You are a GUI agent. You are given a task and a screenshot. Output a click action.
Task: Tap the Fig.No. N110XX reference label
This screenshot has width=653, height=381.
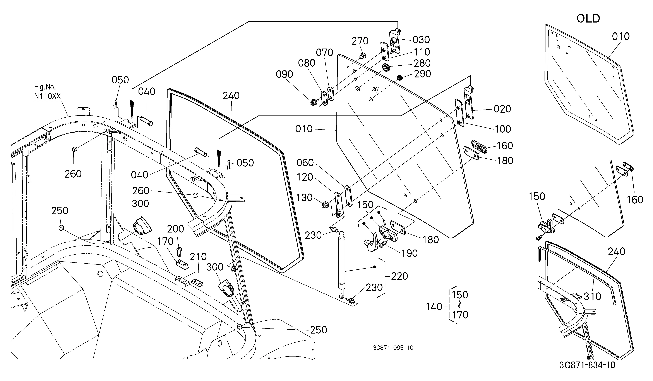point(47,91)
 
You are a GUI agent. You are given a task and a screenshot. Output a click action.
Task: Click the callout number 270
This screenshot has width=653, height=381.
point(360,41)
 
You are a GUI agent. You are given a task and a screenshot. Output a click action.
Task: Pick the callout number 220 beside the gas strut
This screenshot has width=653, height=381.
point(399,276)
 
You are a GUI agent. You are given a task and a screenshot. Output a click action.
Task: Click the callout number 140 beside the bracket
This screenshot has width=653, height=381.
point(434,307)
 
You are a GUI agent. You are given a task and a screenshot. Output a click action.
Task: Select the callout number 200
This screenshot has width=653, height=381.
point(175,229)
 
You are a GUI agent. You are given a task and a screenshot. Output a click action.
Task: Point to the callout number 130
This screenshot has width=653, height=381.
point(304,198)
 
